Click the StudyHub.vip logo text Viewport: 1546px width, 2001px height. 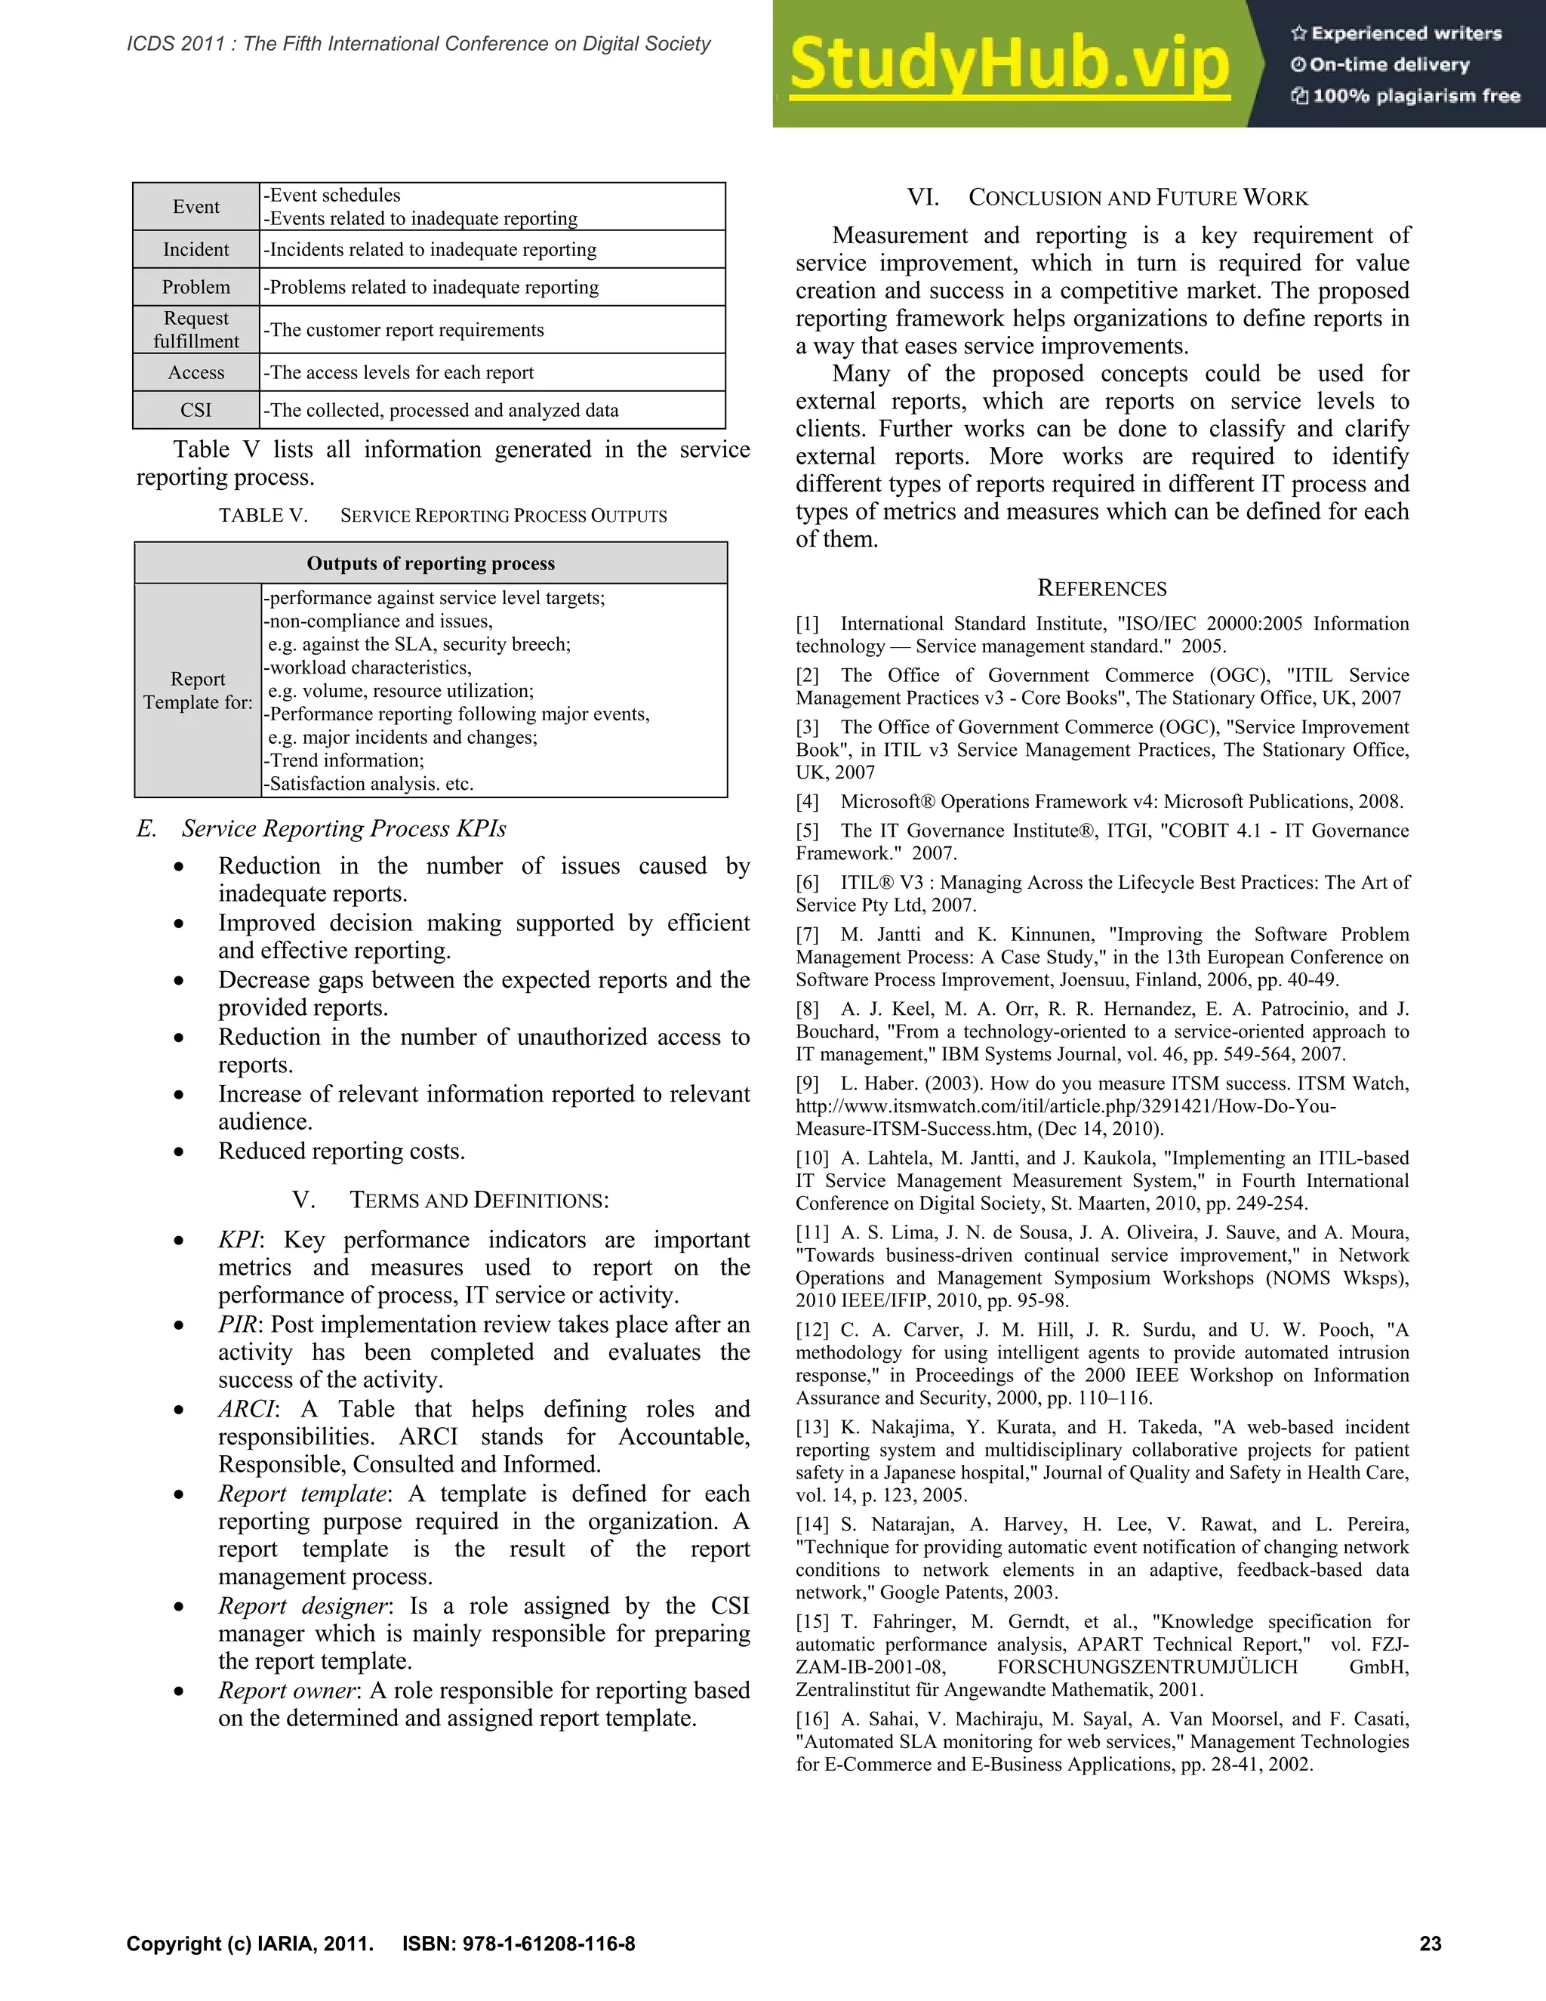1009,63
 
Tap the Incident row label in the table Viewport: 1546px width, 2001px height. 196,249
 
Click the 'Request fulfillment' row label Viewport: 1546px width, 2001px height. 196,330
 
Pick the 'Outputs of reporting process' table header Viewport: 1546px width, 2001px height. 430,563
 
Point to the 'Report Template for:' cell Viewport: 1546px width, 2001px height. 197,690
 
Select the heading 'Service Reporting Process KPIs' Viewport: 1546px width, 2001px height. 343,828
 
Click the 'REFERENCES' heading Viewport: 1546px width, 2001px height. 1102,588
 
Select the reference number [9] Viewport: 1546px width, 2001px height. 807,1083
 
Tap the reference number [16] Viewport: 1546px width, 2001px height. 811,1719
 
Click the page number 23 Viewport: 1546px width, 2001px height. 1431,1944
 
